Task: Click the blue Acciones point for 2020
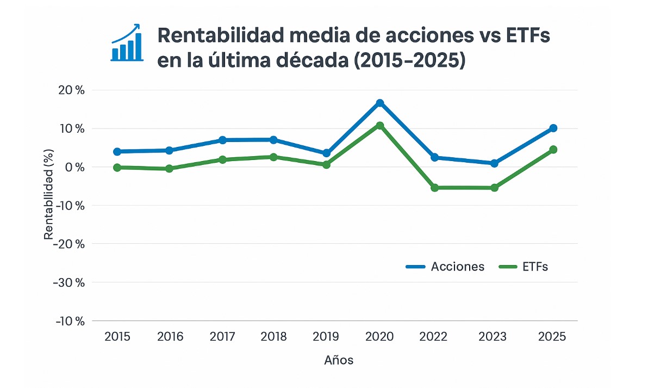[x=380, y=103]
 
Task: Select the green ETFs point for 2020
[x=380, y=126]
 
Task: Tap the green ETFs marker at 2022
[x=434, y=188]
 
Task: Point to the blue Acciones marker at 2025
[x=553, y=128]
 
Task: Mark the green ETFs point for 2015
[x=117, y=168]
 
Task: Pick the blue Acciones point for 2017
[x=222, y=140]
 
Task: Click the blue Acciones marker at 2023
[x=494, y=163]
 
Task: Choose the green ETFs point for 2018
[x=273, y=157]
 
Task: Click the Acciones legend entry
[x=445, y=267]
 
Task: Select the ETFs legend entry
[x=524, y=267]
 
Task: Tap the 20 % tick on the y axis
[x=72, y=90]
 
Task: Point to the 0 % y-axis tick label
[x=74, y=167]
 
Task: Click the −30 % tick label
[x=69, y=282]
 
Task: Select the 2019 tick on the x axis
[x=326, y=337]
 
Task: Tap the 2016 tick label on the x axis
[x=170, y=337]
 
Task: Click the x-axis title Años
[x=339, y=360]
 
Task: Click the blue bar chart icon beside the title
[x=126, y=44]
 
